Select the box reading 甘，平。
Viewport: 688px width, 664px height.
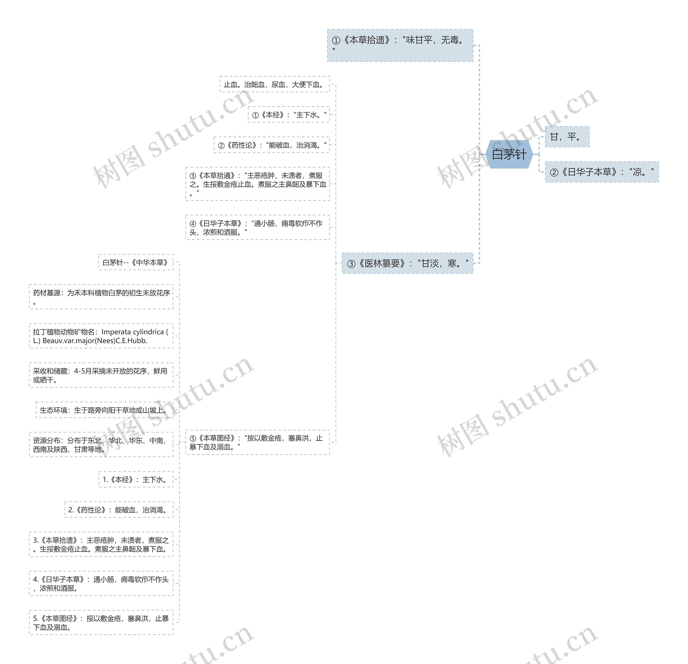[567, 137]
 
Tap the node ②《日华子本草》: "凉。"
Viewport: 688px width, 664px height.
[601, 172]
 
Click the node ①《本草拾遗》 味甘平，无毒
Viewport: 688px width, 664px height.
[400, 45]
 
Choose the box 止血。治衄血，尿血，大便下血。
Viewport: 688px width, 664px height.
[274, 84]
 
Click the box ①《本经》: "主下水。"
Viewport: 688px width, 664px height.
[289, 115]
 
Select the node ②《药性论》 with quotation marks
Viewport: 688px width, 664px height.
[271, 145]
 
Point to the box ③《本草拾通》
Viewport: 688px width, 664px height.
[257, 184]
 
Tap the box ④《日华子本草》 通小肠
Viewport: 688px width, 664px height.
[257, 227]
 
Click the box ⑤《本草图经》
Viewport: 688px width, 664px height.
[257, 442]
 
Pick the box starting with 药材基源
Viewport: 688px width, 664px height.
[101, 297]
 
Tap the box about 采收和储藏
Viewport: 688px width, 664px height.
[101, 375]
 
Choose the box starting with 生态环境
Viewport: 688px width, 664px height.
[104, 409]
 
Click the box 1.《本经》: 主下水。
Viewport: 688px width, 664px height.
[136, 479]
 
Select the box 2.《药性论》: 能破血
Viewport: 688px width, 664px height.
[119, 509]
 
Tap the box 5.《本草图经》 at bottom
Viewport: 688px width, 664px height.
[101, 622]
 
